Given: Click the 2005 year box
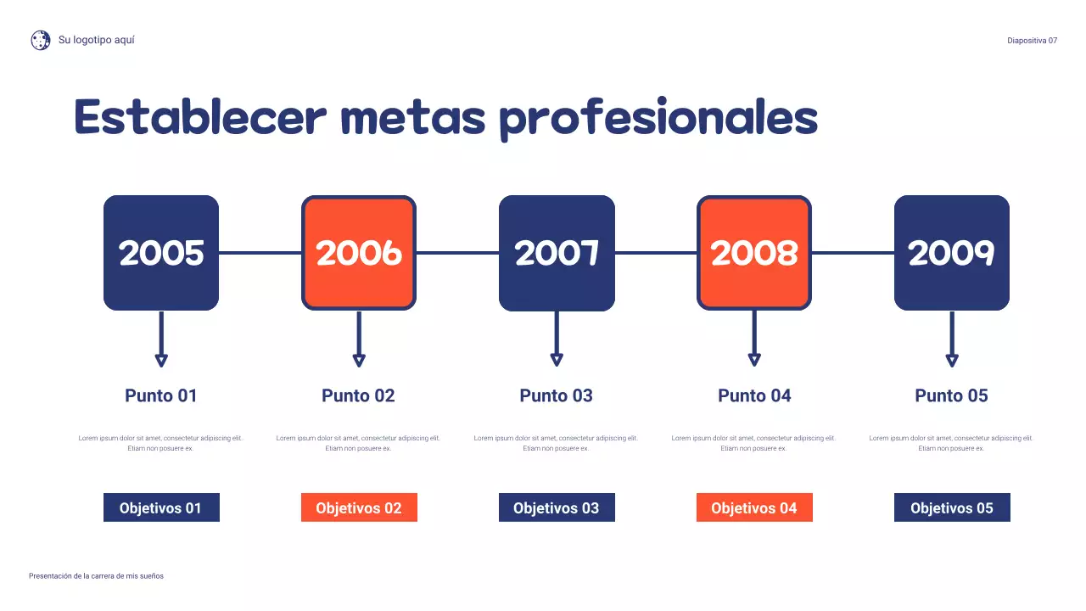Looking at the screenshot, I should pos(161,253).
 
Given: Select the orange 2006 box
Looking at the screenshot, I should pos(359,253).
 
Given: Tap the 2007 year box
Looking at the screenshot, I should pos(557,253).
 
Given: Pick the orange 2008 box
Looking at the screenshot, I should pos(754,253).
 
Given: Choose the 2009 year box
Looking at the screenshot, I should pos(952,253).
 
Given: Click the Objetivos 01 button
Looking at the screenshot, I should pos(161,507).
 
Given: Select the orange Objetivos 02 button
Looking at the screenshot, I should pos(359,507).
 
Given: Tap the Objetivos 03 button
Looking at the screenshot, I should pos(557,507).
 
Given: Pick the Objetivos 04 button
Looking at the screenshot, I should pos(754,507).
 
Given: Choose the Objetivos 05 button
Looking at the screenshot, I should pos(952,507).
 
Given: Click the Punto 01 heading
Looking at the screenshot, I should pos(161,395).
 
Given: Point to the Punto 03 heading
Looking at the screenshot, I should pos(557,395).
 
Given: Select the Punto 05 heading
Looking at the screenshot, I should pos(952,395).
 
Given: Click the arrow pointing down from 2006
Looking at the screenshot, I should pos(359,339).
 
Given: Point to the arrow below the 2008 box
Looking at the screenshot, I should pos(754,339).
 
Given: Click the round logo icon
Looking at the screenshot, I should pos(41,40).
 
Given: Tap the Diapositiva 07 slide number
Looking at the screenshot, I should pos(1032,41).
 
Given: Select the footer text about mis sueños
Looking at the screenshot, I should pos(96,576).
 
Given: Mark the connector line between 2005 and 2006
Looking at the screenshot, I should pos(260,253).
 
